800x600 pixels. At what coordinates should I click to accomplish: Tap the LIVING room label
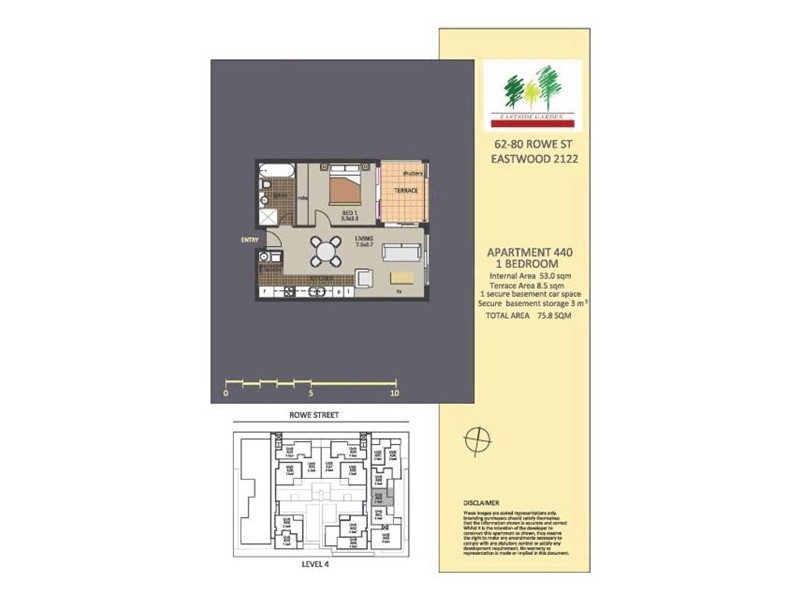tap(364, 238)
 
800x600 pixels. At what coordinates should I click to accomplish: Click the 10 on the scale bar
tap(396, 393)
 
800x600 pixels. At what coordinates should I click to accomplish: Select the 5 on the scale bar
tap(312, 393)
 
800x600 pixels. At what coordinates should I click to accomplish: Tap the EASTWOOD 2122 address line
tap(531, 157)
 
